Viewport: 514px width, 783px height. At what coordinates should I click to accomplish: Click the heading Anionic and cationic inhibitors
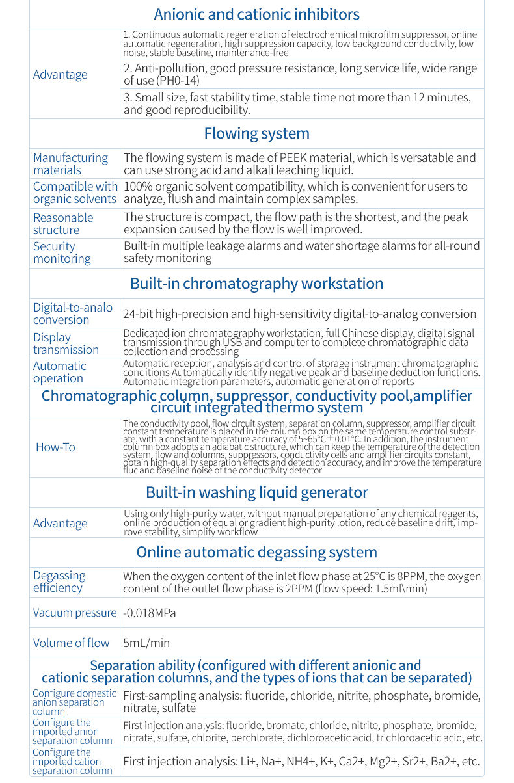(x=256, y=14)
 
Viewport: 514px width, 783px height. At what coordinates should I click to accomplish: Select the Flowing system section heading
(x=256, y=133)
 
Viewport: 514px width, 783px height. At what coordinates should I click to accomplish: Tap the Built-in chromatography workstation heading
(x=256, y=284)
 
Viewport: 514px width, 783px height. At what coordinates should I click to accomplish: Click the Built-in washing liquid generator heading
(x=256, y=492)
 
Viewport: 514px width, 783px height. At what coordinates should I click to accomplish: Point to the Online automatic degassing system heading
(x=256, y=552)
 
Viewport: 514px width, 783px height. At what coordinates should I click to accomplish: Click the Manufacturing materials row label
(x=70, y=164)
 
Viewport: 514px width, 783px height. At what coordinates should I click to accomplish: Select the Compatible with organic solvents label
(x=75, y=193)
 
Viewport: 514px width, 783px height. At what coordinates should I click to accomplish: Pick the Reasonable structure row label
(x=63, y=224)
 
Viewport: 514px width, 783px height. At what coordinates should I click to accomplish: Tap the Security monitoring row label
(x=62, y=252)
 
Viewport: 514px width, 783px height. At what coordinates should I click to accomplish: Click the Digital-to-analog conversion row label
(x=72, y=313)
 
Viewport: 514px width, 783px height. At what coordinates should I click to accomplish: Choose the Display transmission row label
(x=66, y=343)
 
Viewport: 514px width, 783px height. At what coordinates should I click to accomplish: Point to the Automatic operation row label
(x=59, y=372)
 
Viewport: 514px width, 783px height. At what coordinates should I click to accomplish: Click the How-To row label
(x=55, y=447)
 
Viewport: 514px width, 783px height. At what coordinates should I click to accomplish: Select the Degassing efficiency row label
(x=59, y=581)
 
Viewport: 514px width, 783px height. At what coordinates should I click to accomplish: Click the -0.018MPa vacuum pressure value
(x=149, y=613)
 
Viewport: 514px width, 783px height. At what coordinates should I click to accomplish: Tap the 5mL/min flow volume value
(x=146, y=643)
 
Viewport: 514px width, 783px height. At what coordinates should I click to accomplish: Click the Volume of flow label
(x=71, y=643)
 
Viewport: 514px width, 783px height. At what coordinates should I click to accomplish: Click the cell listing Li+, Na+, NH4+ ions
(x=301, y=762)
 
